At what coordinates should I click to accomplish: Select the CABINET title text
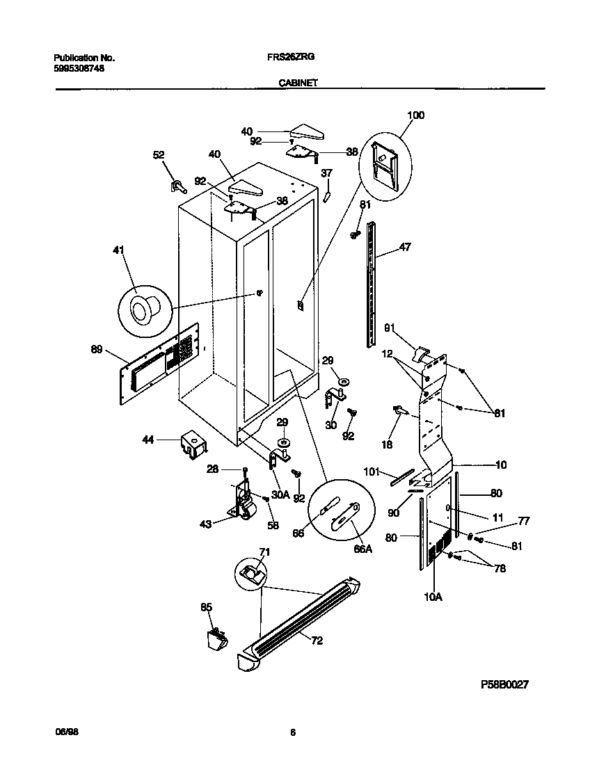[298, 82]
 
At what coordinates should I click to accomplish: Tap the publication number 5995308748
[79, 70]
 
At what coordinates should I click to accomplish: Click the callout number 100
[415, 115]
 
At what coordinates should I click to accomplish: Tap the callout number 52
[159, 155]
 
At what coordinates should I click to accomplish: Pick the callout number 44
[148, 440]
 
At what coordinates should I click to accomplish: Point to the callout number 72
[317, 641]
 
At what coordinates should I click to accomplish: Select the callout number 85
[206, 607]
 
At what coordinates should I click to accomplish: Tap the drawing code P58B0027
[505, 684]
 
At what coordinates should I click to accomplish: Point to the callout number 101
[372, 471]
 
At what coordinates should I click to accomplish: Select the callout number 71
[264, 551]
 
